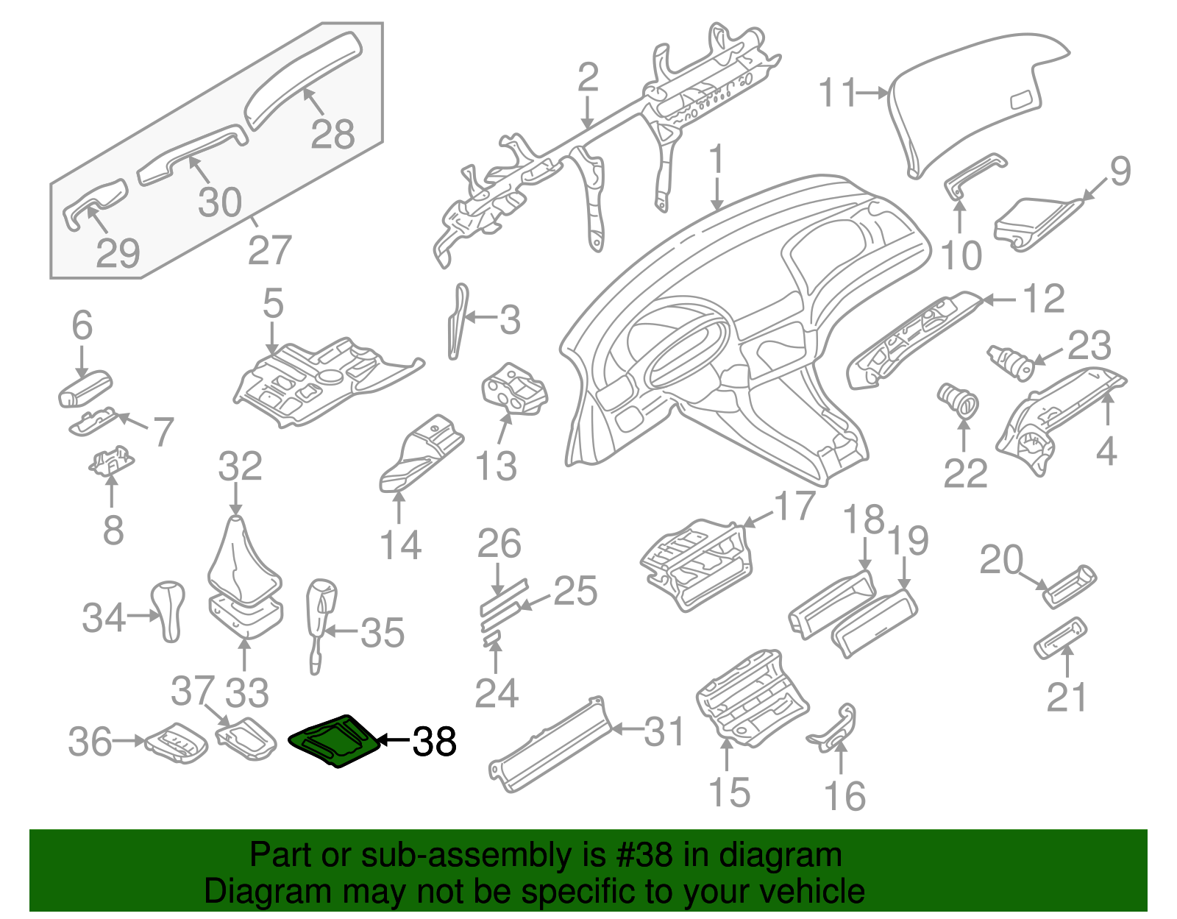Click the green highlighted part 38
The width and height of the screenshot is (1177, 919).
[335, 742]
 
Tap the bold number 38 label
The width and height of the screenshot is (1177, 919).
[435, 742]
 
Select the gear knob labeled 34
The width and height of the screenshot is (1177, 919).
[170, 609]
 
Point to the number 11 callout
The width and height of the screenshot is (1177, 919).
[839, 93]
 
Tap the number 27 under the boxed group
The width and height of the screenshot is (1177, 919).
[269, 250]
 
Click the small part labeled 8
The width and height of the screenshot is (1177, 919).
[111, 463]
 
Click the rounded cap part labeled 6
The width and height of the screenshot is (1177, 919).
[84, 389]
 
